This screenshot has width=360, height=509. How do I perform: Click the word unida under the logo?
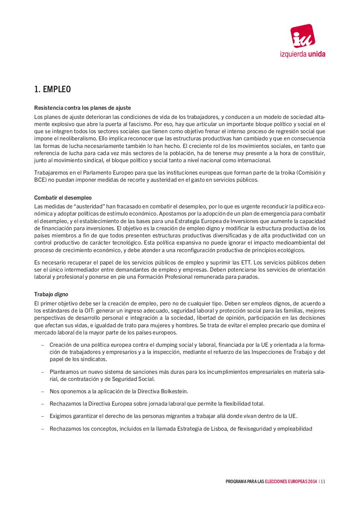(316, 54)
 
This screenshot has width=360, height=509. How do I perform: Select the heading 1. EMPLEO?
(52, 89)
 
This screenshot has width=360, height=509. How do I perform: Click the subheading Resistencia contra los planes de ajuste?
(83, 108)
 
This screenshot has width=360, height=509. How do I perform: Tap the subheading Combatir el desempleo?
(63, 198)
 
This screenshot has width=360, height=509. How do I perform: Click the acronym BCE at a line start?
(40, 180)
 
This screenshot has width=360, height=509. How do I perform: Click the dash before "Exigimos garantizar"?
(42, 416)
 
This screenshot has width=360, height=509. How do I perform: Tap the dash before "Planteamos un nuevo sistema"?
(42, 372)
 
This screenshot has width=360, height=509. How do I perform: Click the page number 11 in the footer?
(323, 482)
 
